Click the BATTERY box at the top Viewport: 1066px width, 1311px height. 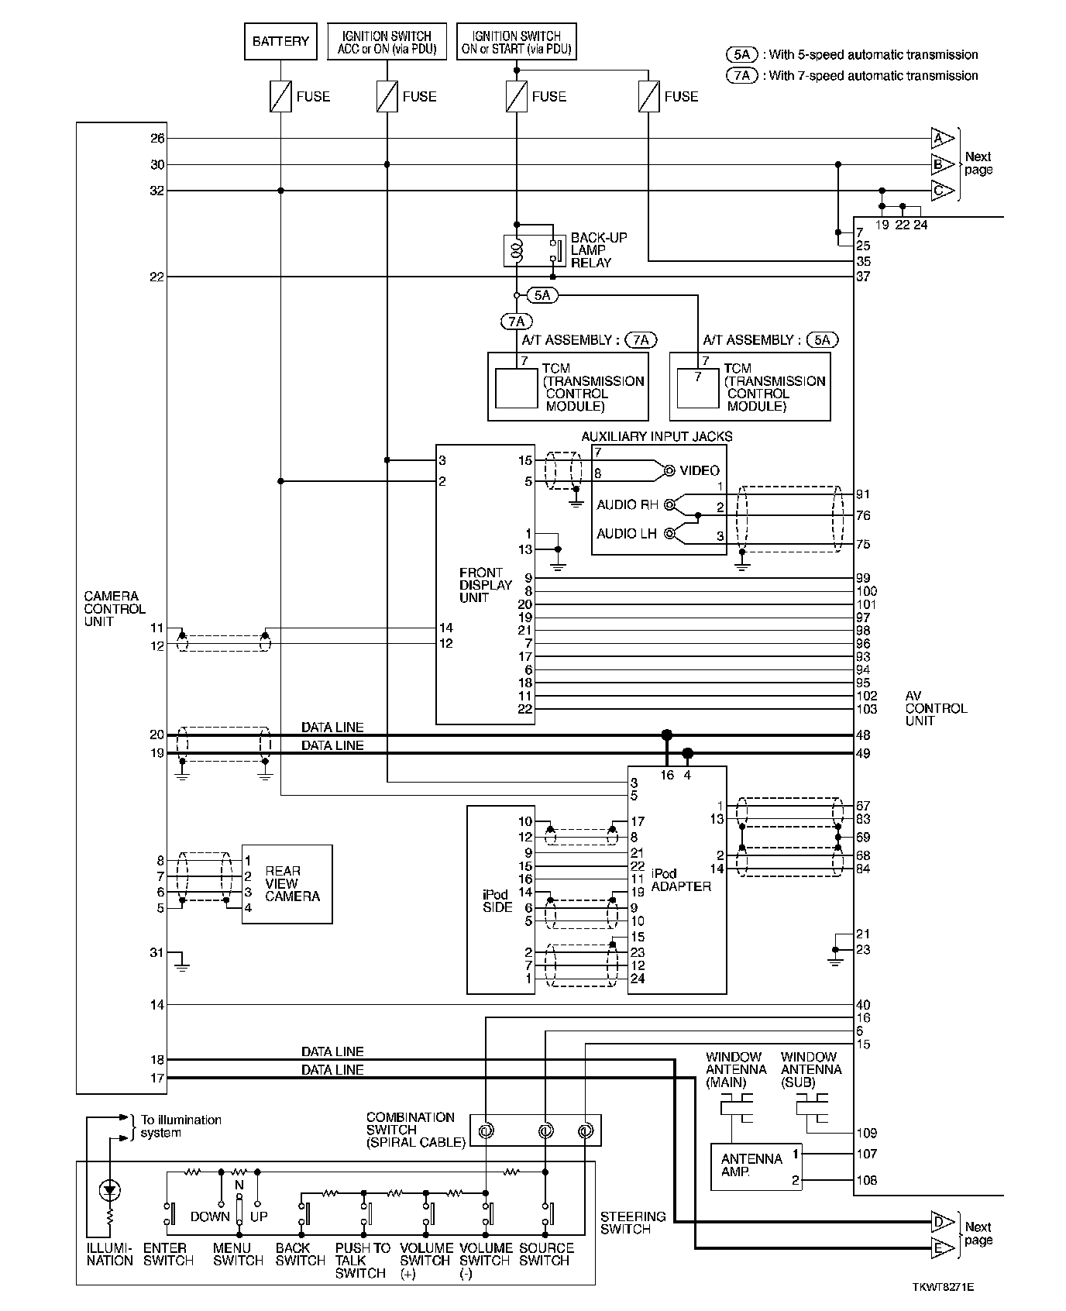coord(280,42)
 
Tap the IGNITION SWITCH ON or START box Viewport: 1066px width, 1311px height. coord(516,42)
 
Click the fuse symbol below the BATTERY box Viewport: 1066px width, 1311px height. coord(280,97)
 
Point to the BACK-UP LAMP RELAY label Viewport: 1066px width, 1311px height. coord(599,250)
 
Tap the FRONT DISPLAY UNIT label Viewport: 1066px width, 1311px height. coord(486,585)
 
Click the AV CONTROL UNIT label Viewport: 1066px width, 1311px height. coord(936,708)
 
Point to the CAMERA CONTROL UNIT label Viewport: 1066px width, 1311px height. coord(115,609)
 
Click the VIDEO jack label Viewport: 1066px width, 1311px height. coord(699,470)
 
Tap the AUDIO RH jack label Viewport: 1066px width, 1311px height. coord(627,505)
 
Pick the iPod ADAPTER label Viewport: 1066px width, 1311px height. coord(680,880)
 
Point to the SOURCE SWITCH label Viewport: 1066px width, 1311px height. coord(546,1254)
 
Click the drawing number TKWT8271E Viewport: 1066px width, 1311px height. coord(943,1287)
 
